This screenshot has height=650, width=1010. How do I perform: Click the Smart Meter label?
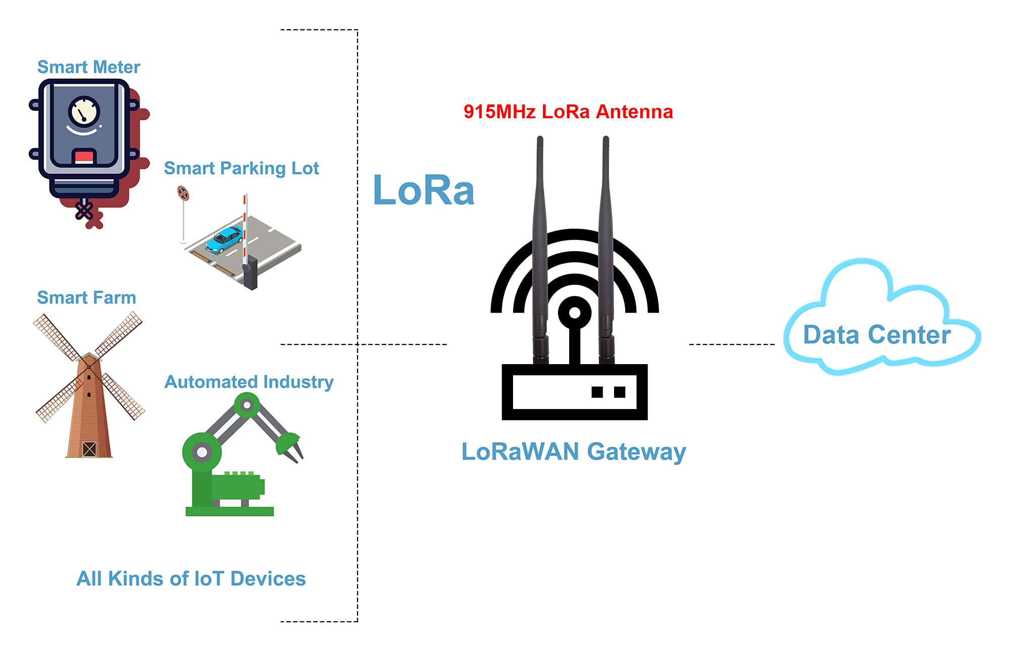pos(88,67)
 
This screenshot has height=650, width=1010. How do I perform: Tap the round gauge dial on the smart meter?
pos(84,112)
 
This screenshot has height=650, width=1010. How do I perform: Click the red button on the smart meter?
pos(84,156)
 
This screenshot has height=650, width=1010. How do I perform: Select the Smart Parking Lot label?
pos(241,168)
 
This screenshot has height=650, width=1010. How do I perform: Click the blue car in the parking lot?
pos(224,240)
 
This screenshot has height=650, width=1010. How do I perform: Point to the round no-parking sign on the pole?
pos(183,193)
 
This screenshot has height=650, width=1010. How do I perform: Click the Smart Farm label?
pos(86,297)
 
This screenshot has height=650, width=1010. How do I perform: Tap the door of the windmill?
pos(89,449)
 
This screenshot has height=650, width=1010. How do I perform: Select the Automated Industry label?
pos(249,382)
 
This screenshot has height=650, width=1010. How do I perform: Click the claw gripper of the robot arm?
pos(290,447)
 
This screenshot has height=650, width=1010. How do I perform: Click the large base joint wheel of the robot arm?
pos(201,452)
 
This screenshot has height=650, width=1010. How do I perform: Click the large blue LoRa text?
pos(423,190)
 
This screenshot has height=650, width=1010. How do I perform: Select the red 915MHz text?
pos(499,112)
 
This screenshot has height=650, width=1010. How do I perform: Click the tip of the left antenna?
pos(540,139)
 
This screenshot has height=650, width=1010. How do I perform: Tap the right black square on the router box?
pos(620,392)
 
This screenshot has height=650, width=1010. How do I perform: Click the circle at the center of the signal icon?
pos(575,313)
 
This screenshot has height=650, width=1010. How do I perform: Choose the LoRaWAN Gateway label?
pos(574,452)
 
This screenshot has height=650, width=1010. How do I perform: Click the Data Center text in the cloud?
pos(877,335)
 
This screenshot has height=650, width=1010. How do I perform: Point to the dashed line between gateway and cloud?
pos(732,344)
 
